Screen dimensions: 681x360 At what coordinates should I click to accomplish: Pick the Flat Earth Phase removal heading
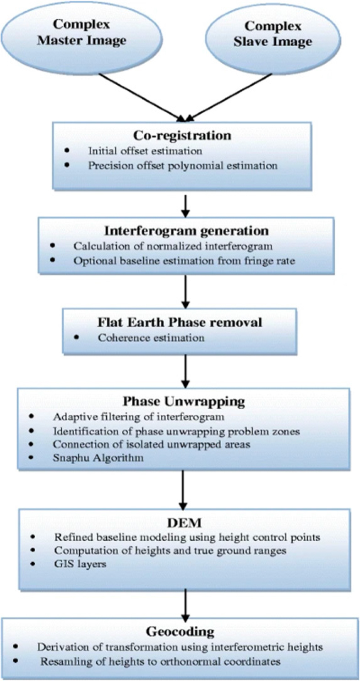pyautogui.click(x=180, y=322)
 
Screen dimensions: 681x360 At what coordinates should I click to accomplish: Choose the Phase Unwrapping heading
pyautogui.click(x=184, y=401)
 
